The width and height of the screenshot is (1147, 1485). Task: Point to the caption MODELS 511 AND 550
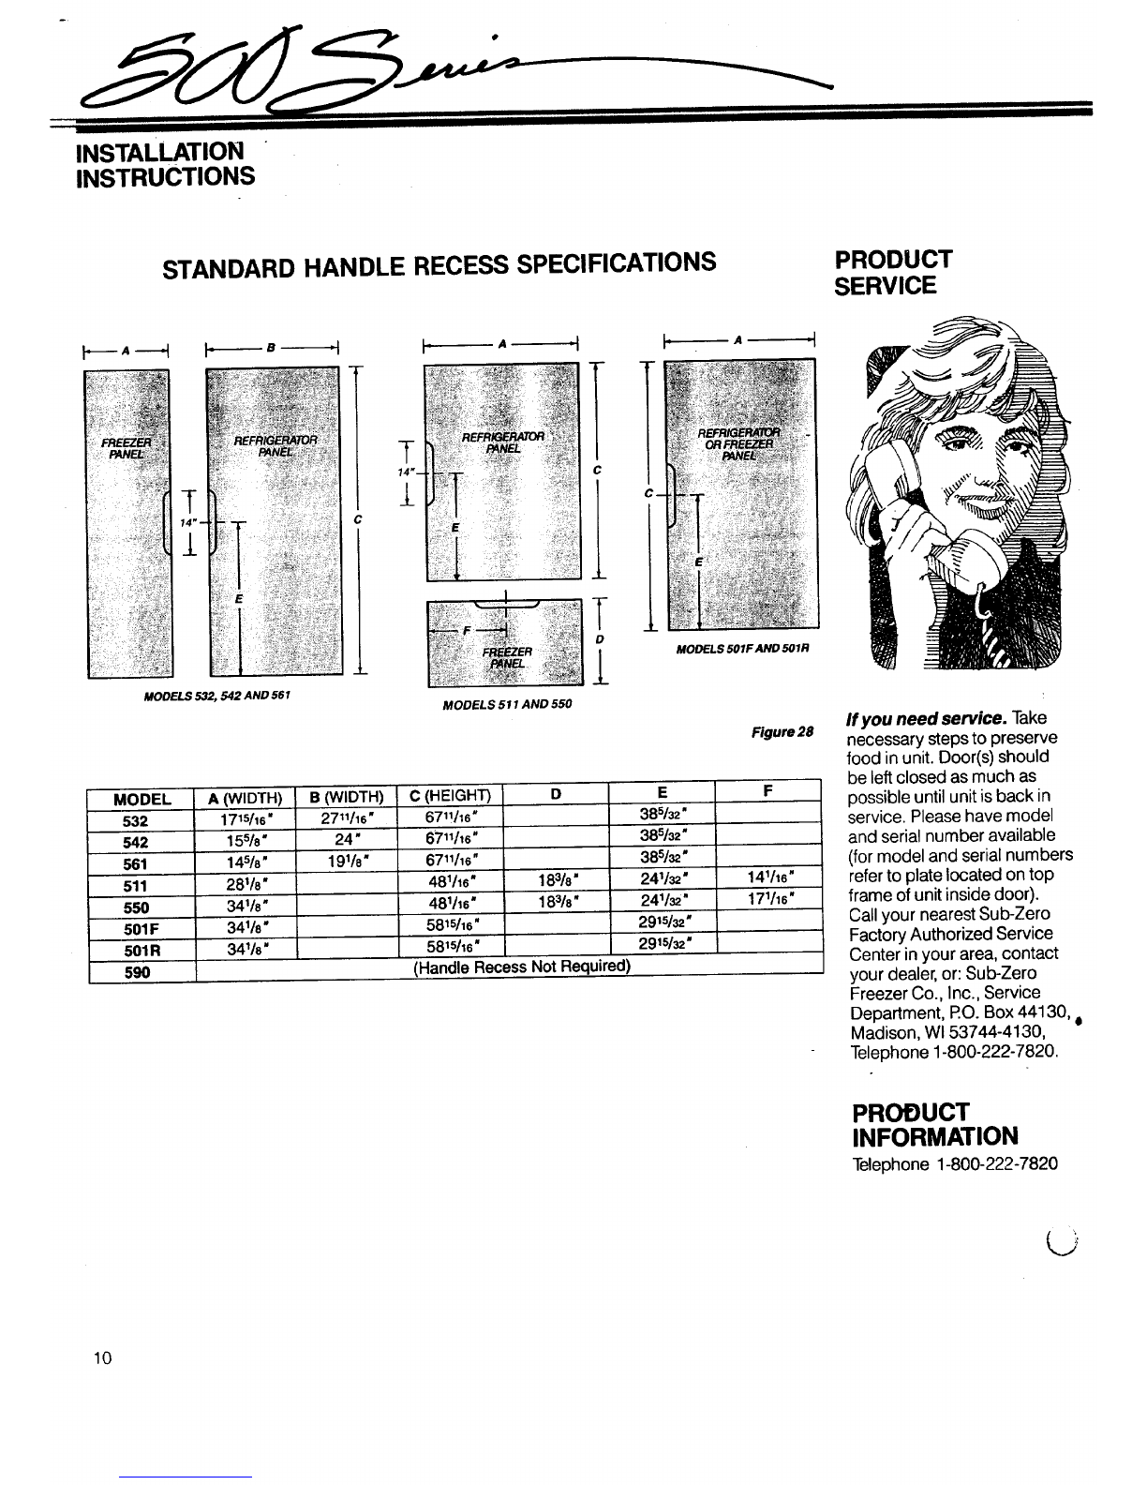(x=506, y=704)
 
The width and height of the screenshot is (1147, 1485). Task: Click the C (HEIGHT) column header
(x=451, y=798)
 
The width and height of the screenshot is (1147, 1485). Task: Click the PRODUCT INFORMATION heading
(x=933, y=1123)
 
